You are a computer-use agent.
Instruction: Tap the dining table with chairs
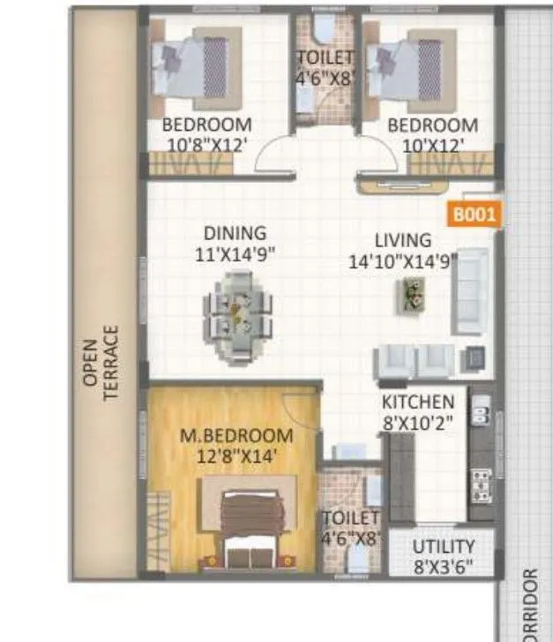click(x=237, y=317)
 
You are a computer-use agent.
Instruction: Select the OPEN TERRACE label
click(x=103, y=363)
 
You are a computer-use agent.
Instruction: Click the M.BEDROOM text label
click(x=235, y=435)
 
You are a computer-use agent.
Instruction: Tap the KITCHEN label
click(x=418, y=402)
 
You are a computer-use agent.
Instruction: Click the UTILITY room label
click(x=443, y=547)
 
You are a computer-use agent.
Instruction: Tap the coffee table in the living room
click(x=410, y=294)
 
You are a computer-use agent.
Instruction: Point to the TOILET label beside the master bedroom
click(x=350, y=518)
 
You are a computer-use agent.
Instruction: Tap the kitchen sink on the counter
click(x=482, y=412)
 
